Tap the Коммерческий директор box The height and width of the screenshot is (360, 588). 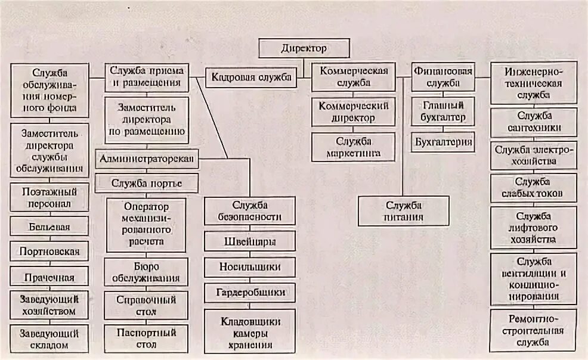coord(354,112)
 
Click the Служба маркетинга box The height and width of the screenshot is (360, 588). coord(354,148)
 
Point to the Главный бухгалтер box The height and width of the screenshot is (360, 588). coord(442,111)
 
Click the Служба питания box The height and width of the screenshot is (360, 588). coord(404,211)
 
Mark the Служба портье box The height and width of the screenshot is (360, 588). coord(146,182)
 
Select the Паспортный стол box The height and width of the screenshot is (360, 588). coord(146,337)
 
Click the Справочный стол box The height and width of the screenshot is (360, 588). coord(146,305)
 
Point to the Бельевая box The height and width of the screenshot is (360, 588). coord(49,227)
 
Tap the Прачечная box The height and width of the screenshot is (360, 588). coord(49,277)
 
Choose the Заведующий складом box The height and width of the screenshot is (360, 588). coord(49,338)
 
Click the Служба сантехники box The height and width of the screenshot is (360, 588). coord(534,122)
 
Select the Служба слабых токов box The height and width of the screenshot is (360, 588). coord(534,188)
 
